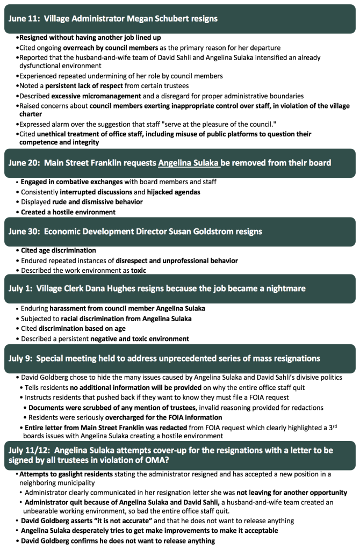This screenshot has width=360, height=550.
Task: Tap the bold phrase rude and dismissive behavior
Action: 97,201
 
